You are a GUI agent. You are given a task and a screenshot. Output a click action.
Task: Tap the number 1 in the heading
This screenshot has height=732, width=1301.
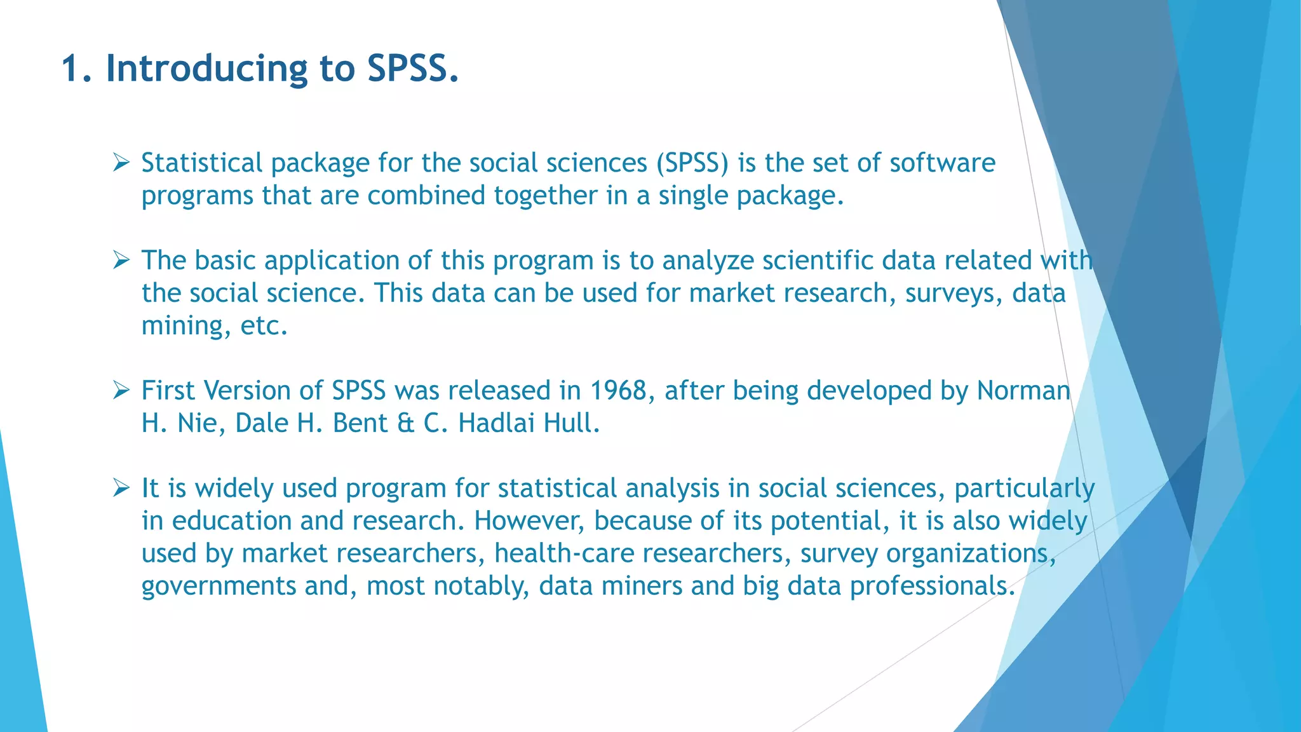[71, 69]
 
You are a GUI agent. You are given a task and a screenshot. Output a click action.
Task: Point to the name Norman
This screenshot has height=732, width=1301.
[1023, 391]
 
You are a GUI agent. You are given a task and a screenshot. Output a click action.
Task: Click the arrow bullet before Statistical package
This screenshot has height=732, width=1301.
[121, 163]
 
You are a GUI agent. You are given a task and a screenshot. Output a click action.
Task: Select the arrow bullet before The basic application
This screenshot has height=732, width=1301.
[121, 260]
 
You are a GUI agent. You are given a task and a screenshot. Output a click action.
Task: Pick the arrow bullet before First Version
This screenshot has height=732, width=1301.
[121, 390]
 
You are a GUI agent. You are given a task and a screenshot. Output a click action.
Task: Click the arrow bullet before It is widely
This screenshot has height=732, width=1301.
[121, 488]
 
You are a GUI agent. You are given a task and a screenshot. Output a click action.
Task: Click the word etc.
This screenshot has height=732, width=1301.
[264, 327]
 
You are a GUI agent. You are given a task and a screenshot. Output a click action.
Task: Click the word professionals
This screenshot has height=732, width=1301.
[932, 586]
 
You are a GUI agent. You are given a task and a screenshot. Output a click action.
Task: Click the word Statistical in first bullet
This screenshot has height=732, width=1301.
[201, 163]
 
